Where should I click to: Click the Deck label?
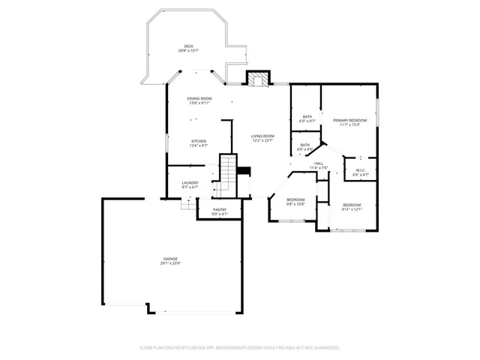(x=188, y=46)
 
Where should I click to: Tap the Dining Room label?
(x=199, y=99)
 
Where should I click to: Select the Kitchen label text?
(x=199, y=141)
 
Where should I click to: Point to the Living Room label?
(x=262, y=136)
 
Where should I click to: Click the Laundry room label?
(x=190, y=183)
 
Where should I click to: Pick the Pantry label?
(x=220, y=210)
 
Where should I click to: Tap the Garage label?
(x=171, y=259)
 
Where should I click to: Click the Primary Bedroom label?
(x=349, y=120)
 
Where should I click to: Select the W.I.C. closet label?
(x=361, y=170)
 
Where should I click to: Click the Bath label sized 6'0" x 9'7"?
(x=307, y=116)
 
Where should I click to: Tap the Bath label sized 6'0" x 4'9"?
(x=305, y=145)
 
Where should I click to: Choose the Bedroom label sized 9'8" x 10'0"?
(x=296, y=199)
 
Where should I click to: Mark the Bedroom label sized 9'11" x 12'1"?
(x=352, y=205)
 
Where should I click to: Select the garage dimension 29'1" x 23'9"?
(x=171, y=263)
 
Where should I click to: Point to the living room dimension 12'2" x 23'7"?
(x=262, y=140)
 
